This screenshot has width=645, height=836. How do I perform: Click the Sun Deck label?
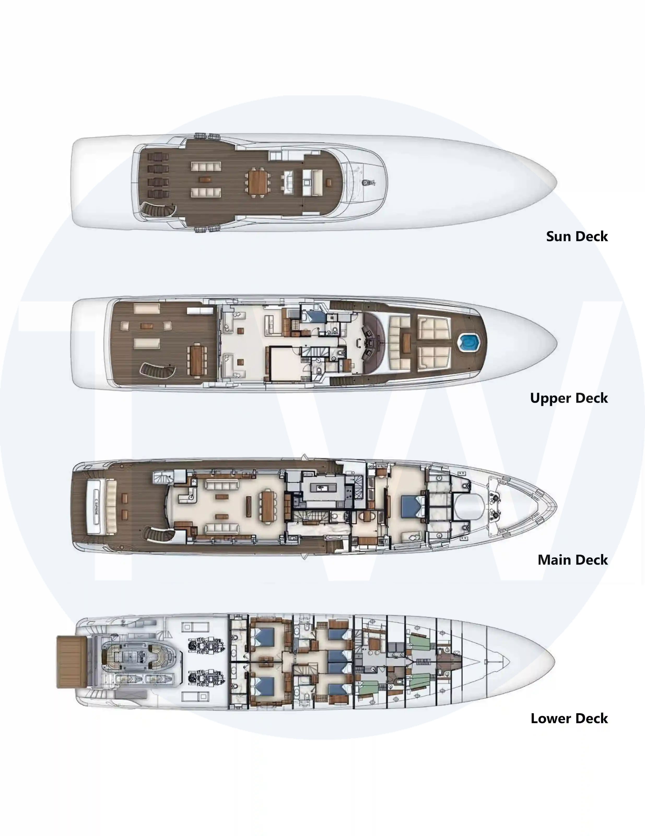pos(577,236)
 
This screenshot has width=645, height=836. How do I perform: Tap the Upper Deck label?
pos(569,398)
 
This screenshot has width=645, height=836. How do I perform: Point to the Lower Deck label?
pos(569,718)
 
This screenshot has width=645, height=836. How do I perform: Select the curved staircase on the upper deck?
pos(157,371)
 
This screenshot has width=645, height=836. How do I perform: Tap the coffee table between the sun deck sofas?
pos(206,180)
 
